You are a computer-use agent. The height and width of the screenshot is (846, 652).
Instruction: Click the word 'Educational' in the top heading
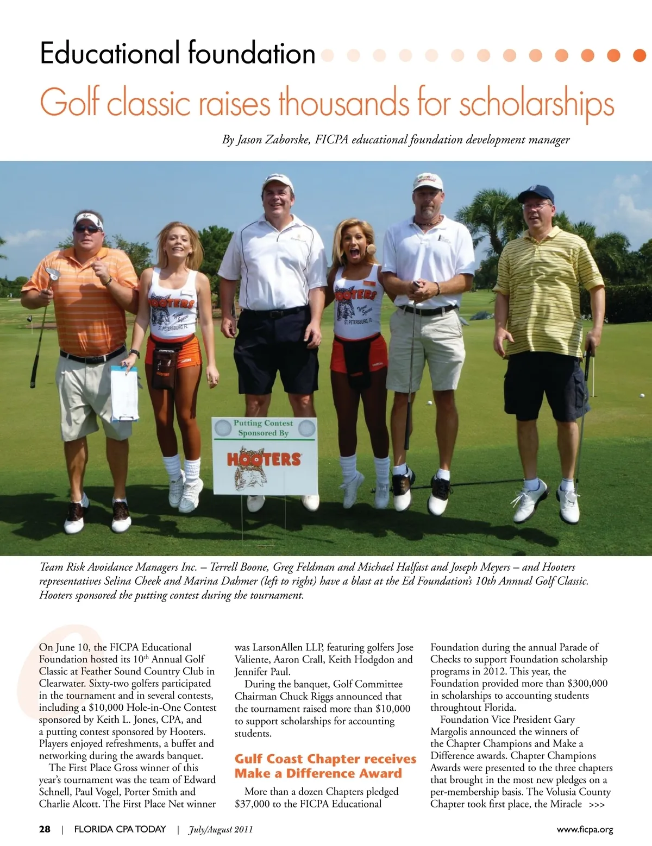coord(109,54)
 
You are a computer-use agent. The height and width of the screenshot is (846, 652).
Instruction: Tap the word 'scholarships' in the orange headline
coord(537,104)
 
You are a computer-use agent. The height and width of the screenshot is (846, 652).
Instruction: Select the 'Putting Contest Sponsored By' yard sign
coord(264,455)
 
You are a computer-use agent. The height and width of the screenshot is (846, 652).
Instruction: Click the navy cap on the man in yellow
coord(536,194)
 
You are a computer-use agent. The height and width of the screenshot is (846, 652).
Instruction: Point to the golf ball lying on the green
coord(429,403)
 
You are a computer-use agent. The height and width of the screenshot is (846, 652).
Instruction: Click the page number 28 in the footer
coord(45,829)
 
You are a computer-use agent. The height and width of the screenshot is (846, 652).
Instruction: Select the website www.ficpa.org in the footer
coord(585,829)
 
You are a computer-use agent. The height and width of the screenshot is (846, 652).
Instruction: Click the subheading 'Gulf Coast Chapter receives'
coord(325,759)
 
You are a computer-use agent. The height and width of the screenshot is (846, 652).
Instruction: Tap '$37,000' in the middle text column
coord(252,804)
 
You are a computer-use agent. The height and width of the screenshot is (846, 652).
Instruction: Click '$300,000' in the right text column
coord(587,683)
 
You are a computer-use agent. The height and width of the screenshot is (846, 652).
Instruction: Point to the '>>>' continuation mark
coord(597,805)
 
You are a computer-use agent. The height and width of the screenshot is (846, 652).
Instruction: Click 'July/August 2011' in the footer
coord(220,829)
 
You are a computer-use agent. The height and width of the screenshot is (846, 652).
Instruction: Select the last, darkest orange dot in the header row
coord(640,55)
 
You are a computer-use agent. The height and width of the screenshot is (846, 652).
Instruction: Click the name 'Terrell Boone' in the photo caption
coord(239,567)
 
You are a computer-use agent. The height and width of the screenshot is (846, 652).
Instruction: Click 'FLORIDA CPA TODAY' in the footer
coord(120,829)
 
